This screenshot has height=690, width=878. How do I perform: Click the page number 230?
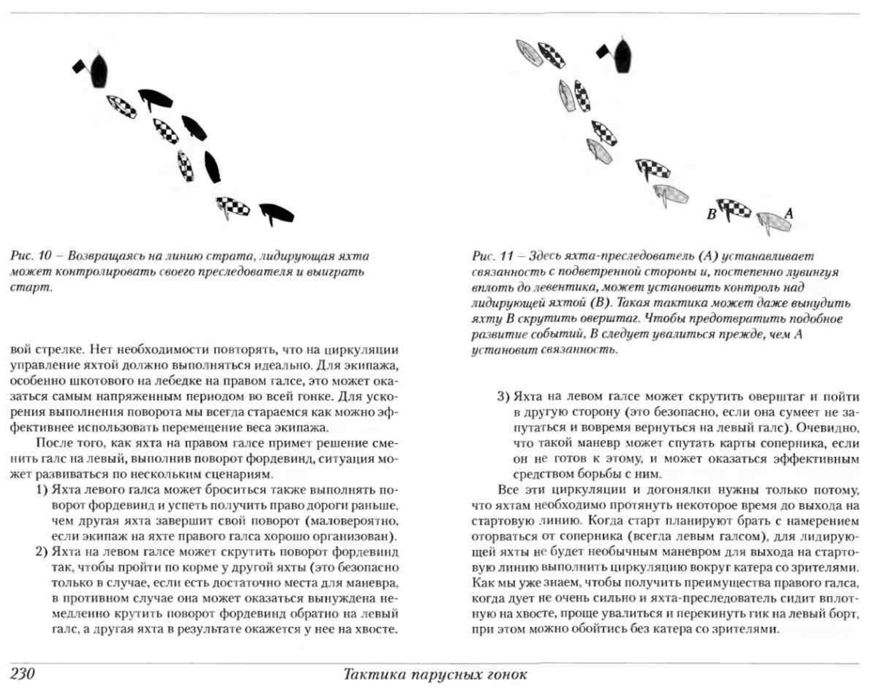tap(22, 674)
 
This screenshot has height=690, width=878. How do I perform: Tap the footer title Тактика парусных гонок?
tap(435, 675)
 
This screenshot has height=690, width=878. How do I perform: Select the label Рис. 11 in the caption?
tap(493, 256)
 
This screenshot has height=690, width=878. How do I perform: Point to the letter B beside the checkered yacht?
tap(712, 214)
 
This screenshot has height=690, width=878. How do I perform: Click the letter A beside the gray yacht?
tap(789, 212)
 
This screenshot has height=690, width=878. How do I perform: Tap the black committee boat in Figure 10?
tap(99, 70)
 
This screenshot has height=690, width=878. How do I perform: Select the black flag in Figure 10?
tap(79, 66)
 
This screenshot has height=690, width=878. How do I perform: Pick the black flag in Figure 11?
tap(603, 52)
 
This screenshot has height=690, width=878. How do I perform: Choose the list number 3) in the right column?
tap(503, 397)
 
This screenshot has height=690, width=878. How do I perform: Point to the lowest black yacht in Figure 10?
tap(277, 213)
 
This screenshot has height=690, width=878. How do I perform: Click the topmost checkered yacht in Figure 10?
tap(122, 106)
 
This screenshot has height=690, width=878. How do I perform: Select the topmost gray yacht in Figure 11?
tap(529, 52)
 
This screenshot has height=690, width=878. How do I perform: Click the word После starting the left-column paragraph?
tap(54, 443)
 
